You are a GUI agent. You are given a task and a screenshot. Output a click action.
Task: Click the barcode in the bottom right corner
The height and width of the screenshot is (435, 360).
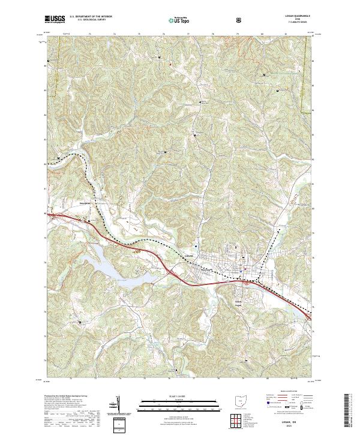click(350, 414)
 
